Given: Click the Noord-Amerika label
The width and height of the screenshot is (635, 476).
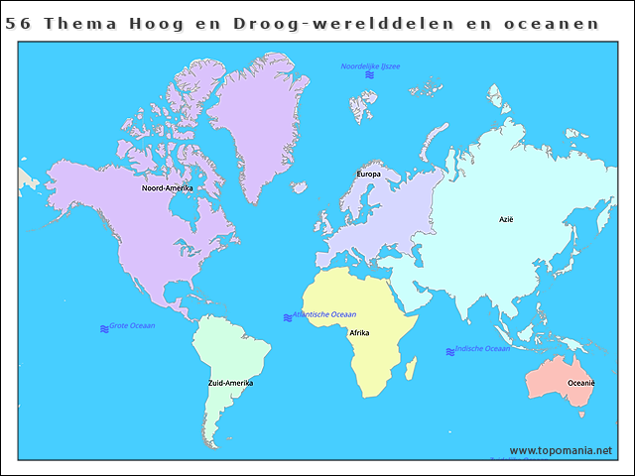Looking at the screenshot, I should [167, 187].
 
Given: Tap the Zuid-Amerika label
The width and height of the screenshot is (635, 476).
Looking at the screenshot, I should [230, 383].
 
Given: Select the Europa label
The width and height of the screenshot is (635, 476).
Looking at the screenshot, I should [368, 175].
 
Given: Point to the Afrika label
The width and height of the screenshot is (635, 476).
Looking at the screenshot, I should [359, 333].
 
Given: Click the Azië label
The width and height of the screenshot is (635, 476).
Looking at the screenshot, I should [506, 219].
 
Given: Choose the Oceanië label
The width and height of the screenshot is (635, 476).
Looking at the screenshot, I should [580, 383].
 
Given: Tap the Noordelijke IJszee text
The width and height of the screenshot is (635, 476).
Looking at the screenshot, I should [370, 65].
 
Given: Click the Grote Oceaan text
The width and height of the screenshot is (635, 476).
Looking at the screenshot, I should [132, 325].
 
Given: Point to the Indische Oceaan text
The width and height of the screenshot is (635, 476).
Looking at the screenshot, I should [482, 348].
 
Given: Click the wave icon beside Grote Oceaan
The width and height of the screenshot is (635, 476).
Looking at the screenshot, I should [104, 328].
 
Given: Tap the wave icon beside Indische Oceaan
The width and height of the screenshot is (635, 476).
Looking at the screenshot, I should [450, 351].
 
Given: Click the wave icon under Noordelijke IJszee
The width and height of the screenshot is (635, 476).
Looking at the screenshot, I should [369, 75].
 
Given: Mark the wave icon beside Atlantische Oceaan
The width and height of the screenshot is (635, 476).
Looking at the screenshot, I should [287, 317].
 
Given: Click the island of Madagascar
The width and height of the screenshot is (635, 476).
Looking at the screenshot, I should [411, 369].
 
